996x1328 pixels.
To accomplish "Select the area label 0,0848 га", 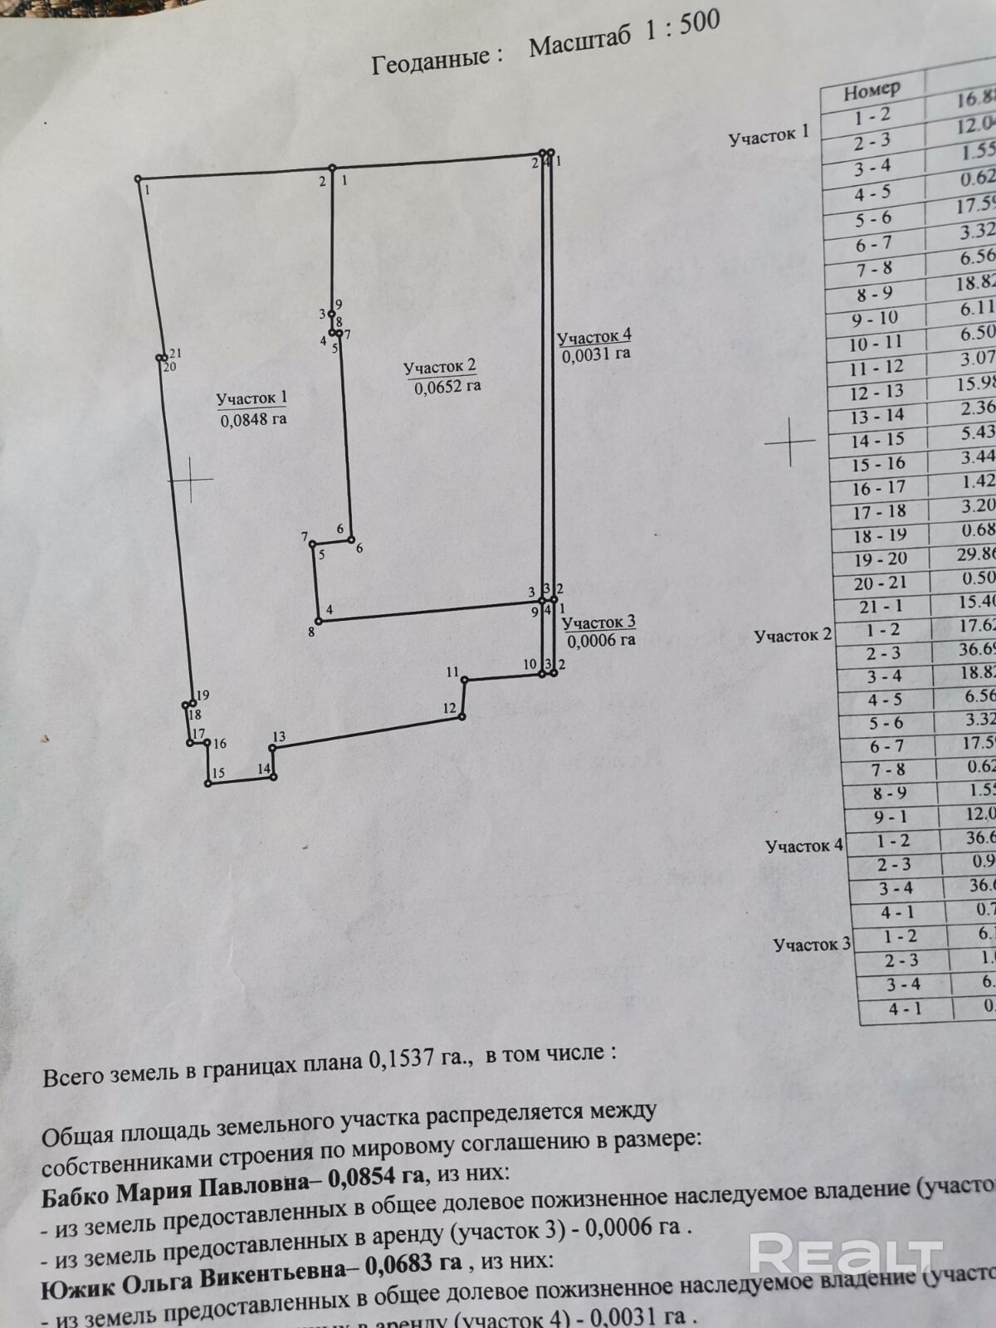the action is tap(253, 419).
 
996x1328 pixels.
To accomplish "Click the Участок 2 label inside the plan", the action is tap(440, 367).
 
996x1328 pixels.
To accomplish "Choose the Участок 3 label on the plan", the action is tap(598, 622).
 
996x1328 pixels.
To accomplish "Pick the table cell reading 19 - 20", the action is tap(881, 559).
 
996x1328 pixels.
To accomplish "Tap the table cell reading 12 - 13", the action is tap(877, 392).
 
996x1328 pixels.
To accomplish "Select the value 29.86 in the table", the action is tap(976, 554).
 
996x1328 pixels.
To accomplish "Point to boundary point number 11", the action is tap(465, 657).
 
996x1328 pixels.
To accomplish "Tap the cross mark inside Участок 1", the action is tap(190, 479).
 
